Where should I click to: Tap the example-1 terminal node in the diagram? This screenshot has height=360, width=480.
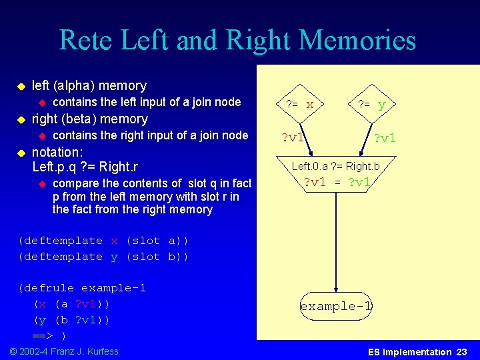pyautogui.click(x=336, y=307)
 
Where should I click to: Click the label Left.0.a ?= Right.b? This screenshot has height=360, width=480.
pyautogui.click(x=335, y=166)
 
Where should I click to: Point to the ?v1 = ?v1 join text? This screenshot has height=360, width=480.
pyautogui.click(x=336, y=183)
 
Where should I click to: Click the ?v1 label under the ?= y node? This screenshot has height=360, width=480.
pyautogui.click(x=385, y=138)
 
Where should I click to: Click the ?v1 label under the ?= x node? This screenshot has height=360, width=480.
pyautogui.click(x=293, y=138)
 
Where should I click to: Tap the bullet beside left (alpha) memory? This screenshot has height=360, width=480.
pyautogui.click(x=20, y=87)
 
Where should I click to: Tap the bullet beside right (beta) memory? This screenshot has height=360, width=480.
pyautogui.click(x=20, y=120)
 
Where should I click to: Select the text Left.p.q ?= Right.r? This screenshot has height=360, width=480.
pyautogui.click(x=84, y=167)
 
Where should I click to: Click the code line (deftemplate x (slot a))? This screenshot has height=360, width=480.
pyautogui.click(x=103, y=241)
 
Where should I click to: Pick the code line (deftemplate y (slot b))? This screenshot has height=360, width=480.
pyautogui.click(x=103, y=257)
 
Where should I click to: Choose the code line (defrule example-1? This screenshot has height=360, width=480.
pyautogui.click(x=82, y=288)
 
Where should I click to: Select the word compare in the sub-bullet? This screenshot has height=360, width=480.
pyautogui.click(x=75, y=183)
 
